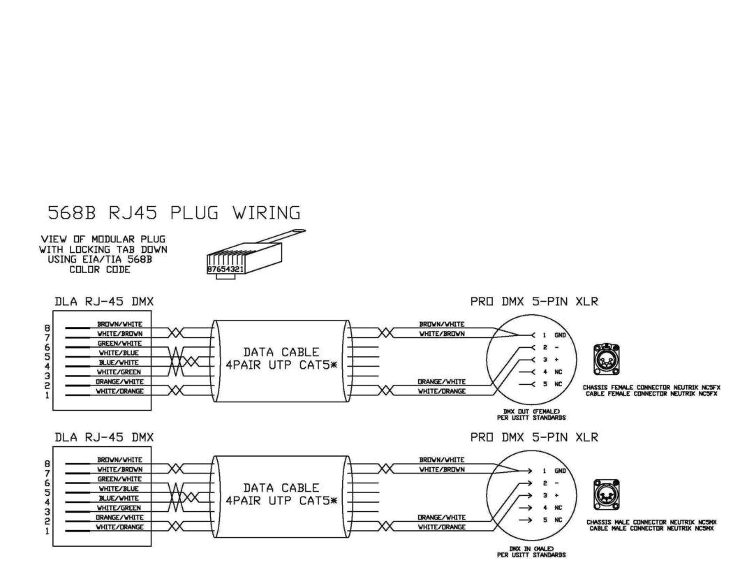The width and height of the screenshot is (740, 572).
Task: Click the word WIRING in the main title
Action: pyautogui.click(x=267, y=212)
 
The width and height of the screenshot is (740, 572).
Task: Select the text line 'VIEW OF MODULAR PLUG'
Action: pyautogui.click(x=103, y=240)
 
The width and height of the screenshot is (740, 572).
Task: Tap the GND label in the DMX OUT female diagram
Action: pyautogui.click(x=560, y=335)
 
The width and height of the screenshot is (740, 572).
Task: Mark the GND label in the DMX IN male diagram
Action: pyautogui.click(x=560, y=470)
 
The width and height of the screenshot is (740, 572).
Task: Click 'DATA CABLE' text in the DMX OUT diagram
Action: pyautogui.click(x=281, y=353)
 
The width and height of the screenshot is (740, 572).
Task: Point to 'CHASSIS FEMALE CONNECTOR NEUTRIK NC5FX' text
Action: pyautogui.click(x=654, y=386)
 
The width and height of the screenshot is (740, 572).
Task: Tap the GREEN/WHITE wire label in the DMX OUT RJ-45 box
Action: pyautogui.click(x=119, y=343)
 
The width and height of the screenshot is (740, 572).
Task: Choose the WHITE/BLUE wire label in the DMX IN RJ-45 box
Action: pyautogui.click(x=119, y=488)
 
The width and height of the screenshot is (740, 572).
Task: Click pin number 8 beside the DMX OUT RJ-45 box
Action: pyautogui.click(x=47, y=328)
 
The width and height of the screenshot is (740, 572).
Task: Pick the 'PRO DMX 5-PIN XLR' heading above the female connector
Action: pyautogui.click(x=534, y=302)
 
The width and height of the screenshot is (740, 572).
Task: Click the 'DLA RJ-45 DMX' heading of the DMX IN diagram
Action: pyautogui.click(x=104, y=437)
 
